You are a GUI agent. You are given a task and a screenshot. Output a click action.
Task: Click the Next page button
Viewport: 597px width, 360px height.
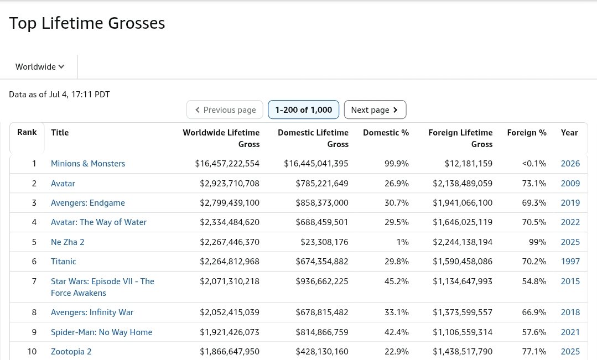[375, 109]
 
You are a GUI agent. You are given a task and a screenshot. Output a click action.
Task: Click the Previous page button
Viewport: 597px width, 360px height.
[225, 109]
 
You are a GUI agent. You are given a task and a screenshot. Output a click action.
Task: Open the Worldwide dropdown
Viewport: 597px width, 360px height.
[40, 66]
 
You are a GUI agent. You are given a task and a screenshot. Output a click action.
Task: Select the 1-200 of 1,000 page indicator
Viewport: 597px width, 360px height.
[303, 109]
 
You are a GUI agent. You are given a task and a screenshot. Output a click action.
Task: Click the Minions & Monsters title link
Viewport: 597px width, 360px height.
[88, 164]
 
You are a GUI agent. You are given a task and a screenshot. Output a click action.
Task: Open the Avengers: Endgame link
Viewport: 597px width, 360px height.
[88, 203]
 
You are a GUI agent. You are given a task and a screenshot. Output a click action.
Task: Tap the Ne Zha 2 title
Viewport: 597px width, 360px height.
[68, 242]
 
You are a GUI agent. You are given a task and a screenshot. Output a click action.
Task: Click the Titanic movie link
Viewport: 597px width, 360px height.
[64, 262]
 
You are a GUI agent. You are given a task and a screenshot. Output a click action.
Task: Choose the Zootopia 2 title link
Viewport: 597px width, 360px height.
[71, 352]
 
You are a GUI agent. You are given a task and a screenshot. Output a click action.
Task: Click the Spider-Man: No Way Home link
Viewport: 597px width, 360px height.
[102, 332]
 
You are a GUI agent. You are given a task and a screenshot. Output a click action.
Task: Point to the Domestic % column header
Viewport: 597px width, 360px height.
[386, 132]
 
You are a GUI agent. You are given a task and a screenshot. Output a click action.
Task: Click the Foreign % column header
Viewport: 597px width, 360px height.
[527, 132]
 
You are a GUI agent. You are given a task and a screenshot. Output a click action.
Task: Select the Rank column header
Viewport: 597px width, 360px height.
[27, 132]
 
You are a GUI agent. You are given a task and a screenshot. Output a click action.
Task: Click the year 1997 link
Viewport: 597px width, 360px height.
[570, 262]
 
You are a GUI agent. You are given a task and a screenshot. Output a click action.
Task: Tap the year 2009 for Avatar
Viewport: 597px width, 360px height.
[570, 184]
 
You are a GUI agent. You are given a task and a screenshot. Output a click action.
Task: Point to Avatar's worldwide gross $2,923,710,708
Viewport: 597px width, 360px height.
[230, 184]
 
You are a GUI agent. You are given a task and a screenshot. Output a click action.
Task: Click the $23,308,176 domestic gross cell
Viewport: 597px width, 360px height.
[324, 242]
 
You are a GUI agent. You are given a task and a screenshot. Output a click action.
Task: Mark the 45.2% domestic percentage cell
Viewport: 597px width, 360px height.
[397, 281]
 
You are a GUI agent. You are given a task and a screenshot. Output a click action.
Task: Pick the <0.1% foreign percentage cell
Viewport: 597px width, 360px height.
[534, 164]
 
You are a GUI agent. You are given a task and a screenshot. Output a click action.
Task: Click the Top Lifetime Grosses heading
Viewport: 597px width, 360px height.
[87, 23]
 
